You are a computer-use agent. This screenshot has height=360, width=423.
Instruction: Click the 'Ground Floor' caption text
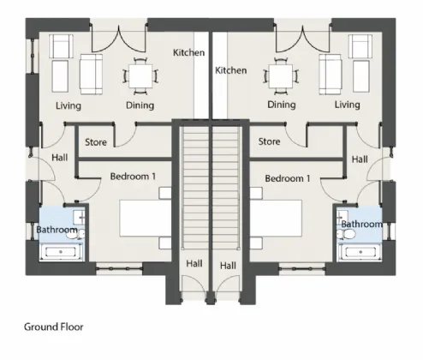coord(53,327)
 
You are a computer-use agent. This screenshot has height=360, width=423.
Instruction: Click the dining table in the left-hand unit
coord(140,76)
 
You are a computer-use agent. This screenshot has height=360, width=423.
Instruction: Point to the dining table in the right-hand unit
coord(280,76)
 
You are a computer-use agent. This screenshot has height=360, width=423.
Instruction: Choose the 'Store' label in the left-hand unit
coord(96,141)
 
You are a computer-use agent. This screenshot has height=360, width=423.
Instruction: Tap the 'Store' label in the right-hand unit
coord(269,141)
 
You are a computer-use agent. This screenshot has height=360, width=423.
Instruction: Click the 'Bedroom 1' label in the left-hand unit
coord(133,177)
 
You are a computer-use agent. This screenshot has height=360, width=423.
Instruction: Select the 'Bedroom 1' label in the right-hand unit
coord(287,178)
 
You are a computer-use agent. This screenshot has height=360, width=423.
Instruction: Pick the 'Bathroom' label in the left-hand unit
coord(57,230)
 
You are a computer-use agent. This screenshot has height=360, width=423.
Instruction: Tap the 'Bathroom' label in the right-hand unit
coord(361,224)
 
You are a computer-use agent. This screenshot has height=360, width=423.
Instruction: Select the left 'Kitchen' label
coord(188,53)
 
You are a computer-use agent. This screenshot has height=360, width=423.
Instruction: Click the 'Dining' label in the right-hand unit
coord(281,105)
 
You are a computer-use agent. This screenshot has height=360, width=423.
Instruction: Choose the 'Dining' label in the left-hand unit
coord(140,105)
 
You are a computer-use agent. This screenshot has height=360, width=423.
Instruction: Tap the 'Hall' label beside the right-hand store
coord(359,159)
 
